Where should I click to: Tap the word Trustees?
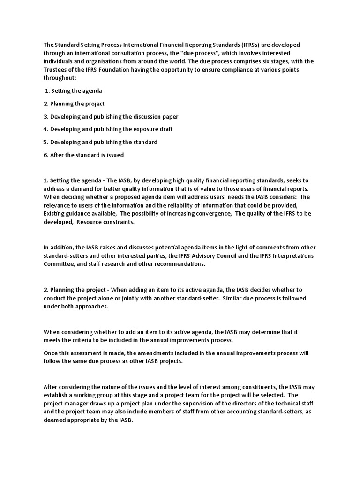(x=56, y=70)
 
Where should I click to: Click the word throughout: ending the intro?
(x=59, y=78)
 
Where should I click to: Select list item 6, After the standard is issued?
(x=83, y=154)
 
